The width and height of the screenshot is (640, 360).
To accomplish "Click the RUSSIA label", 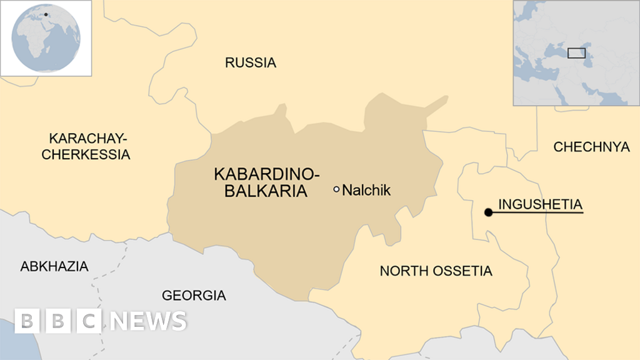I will [250, 62].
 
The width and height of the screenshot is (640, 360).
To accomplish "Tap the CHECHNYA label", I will [591, 147].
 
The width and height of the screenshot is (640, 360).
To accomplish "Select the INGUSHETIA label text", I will [540, 204].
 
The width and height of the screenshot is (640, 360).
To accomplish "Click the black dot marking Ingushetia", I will [488, 212].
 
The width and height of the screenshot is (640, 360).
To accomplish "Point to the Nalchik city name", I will [366, 190].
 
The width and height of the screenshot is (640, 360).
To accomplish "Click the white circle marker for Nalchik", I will [336, 189].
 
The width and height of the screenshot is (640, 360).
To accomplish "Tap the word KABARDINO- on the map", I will [266, 174].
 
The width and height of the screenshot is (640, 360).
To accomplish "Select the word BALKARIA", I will [266, 191].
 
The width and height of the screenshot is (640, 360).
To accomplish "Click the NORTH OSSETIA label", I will [436, 271].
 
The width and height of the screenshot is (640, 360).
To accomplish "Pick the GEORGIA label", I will [194, 296].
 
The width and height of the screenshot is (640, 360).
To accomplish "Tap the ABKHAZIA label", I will [54, 266].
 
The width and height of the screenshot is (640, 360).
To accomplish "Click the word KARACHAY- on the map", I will [87, 137].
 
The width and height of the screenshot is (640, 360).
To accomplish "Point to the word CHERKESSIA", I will [86, 154].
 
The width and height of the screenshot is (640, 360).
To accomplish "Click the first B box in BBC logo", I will [27, 321].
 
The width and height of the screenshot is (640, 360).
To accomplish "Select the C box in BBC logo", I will [89, 321].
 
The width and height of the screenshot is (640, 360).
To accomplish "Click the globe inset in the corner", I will [46, 38].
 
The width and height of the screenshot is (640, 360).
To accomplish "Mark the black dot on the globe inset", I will [46, 14].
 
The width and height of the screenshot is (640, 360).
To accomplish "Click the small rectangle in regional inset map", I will [576, 52].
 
